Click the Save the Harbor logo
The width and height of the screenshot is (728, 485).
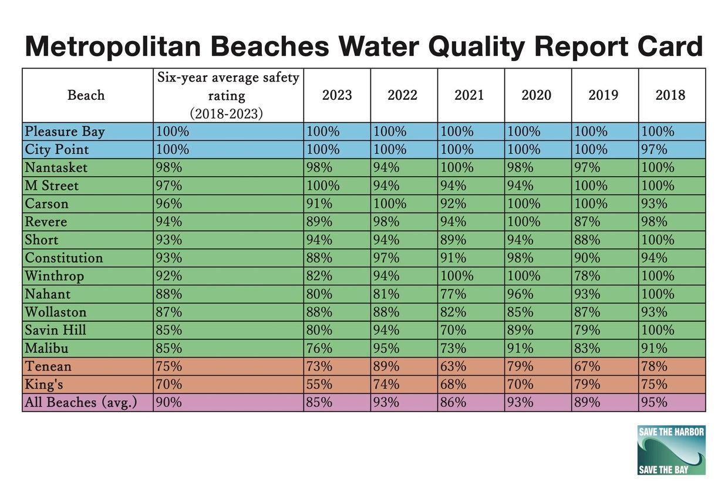[671, 450]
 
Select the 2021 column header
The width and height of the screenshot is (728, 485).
[470, 95]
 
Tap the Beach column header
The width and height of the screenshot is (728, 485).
[86, 95]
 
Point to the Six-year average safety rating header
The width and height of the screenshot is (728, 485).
[228, 95]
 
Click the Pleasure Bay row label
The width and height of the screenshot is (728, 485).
[65, 132]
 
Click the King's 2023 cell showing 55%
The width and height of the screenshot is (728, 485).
[319, 384]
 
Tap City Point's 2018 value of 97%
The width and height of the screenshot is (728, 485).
[654, 150]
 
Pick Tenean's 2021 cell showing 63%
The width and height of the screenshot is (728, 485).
[453, 366]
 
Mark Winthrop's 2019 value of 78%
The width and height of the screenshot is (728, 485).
[587, 276]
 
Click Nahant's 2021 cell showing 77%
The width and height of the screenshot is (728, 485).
[453, 294]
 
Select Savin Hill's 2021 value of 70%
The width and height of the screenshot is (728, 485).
[453, 330]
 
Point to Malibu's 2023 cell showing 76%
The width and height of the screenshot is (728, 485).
[319, 348]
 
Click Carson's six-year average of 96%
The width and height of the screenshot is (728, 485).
[169, 204]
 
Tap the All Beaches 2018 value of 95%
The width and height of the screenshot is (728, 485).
[654, 402]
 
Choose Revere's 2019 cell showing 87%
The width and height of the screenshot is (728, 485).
[587, 222]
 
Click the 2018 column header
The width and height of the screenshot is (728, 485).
[671, 95]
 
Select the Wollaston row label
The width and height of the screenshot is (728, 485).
[55, 312]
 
